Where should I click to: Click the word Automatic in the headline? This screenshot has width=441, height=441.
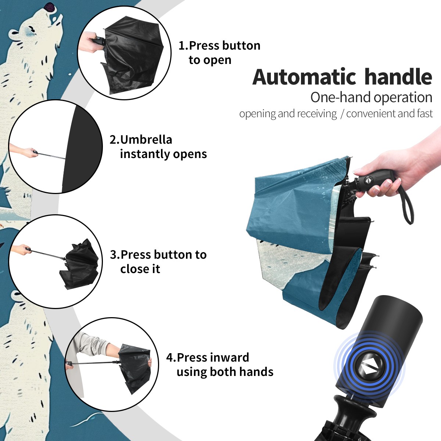(x=304, y=77)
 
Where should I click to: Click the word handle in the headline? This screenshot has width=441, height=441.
(x=398, y=77)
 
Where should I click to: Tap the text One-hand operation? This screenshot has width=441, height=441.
(x=371, y=97)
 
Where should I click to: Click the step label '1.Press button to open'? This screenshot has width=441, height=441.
(x=219, y=53)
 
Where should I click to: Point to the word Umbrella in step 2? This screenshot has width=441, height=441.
(x=146, y=140)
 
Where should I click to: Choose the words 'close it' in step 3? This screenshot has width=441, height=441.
(x=140, y=269)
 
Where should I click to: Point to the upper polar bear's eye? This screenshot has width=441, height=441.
(x=32, y=30)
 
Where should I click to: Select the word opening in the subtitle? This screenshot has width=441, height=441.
(x=258, y=114)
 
